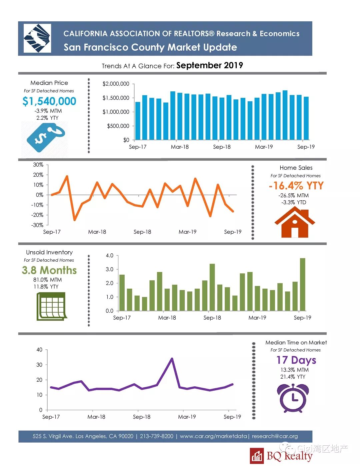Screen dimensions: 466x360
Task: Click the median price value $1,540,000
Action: point(49,101)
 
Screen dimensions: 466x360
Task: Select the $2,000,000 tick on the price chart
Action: point(116,84)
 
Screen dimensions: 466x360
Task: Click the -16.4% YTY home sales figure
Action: point(296,186)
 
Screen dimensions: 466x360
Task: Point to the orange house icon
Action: point(295,222)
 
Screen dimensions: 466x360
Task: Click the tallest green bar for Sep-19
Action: point(303,284)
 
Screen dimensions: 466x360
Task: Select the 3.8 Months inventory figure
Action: point(49,270)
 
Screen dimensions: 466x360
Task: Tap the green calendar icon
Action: point(51,306)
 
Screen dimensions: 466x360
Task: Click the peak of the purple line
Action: point(172,359)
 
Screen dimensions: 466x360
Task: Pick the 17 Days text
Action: point(296,360)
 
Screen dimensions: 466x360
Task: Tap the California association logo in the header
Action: point(37,38)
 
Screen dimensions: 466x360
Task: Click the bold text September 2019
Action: point(210,65)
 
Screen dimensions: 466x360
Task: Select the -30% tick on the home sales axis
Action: point(37,225)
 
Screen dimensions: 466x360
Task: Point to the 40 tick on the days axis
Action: point(39,350)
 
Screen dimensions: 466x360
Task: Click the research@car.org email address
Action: point(275,436)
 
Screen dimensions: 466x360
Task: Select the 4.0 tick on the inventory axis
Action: point(109,256)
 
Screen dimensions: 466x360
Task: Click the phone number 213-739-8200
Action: point(157,436)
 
